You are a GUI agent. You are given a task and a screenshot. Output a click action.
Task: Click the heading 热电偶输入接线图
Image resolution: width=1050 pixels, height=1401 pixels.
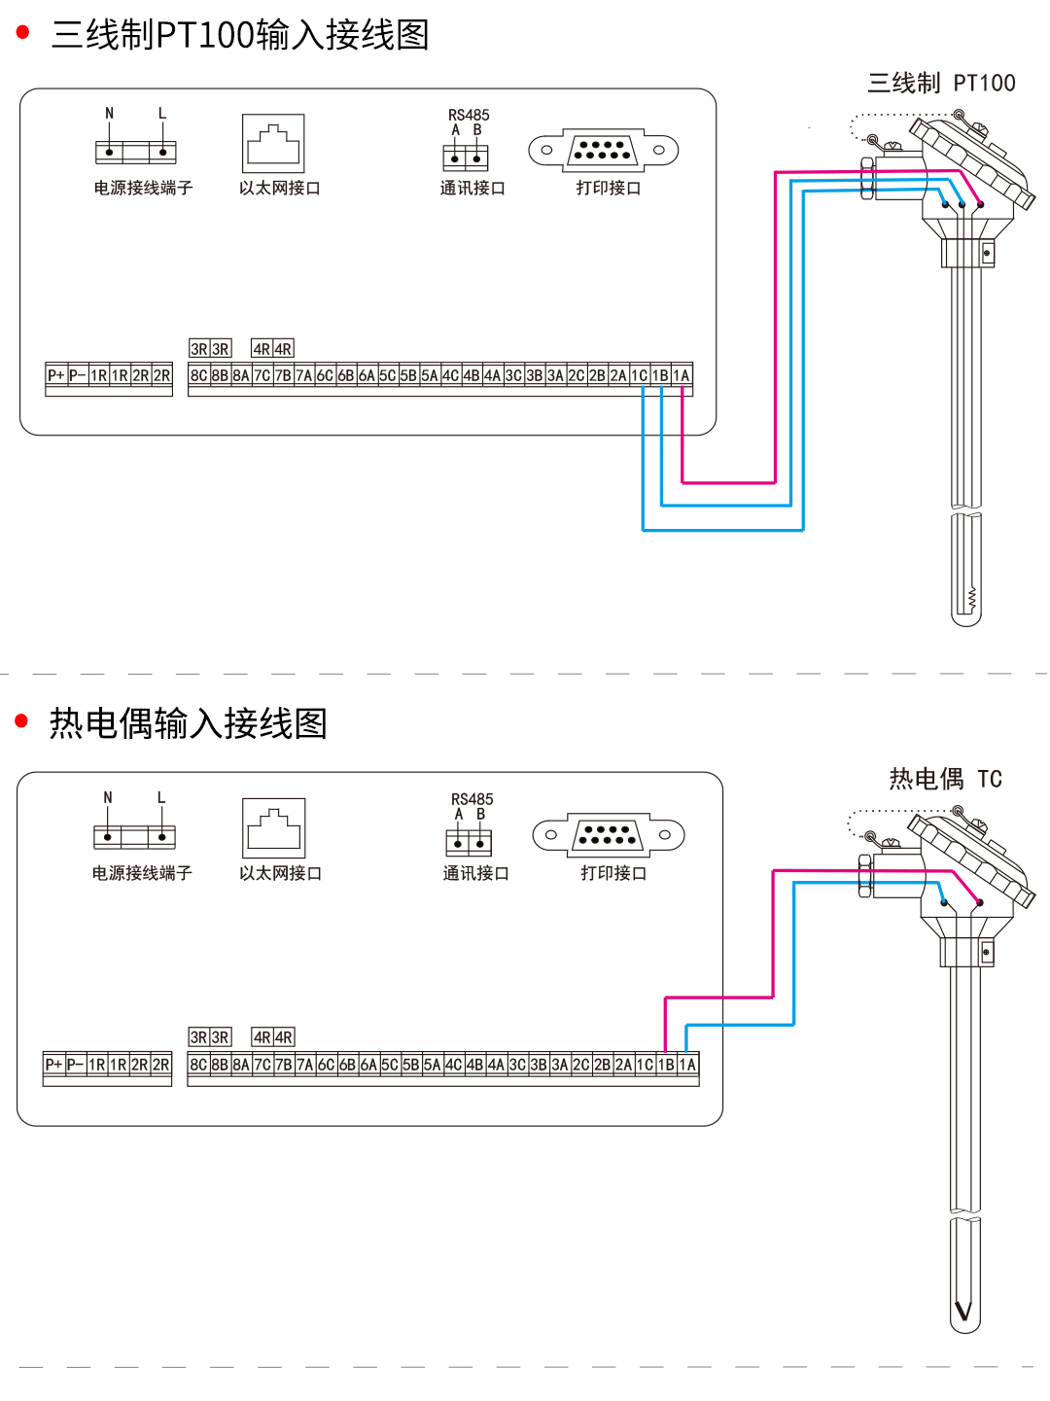188,723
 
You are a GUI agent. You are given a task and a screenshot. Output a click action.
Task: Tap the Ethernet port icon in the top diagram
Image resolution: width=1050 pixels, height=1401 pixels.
273,144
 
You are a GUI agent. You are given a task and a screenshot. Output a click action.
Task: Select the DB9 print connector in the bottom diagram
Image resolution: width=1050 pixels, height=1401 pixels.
609,834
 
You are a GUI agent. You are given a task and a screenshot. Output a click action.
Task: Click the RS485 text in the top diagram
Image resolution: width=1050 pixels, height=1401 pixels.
469,115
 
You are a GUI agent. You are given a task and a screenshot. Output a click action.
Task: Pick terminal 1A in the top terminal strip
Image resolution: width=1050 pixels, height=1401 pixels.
682,375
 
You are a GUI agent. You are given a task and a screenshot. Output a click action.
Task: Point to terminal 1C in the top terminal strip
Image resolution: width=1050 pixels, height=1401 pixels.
639,375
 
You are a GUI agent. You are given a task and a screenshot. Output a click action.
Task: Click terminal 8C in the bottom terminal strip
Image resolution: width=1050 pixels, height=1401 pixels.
198,1065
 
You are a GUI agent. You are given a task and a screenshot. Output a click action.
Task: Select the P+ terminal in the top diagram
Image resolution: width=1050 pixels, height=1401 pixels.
56,375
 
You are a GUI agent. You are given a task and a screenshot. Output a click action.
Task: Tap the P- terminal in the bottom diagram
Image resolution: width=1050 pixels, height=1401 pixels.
75,1065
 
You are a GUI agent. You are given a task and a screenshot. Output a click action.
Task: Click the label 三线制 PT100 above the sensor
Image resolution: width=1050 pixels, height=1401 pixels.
941,84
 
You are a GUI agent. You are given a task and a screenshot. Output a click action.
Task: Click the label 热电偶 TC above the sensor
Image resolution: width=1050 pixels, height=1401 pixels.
945,779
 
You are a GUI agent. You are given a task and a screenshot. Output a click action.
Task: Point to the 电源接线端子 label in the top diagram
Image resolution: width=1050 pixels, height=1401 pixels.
143,188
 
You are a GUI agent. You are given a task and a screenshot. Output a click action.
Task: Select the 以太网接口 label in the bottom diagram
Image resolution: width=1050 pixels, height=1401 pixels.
280,873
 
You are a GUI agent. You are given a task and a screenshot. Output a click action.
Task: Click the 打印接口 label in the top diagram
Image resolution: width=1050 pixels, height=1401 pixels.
609,188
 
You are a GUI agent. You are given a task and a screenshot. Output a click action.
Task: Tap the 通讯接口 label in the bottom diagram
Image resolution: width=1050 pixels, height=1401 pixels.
475,873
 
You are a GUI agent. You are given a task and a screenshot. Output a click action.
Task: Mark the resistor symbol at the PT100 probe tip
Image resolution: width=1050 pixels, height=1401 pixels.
971,599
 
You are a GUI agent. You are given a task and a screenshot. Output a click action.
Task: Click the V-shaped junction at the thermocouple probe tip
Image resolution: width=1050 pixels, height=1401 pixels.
963,1312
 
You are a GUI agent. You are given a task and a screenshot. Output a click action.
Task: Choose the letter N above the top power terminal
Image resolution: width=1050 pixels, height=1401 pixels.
109,114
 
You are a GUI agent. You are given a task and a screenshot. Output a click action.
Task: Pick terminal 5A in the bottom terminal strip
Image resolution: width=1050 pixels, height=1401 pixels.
432,1065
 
